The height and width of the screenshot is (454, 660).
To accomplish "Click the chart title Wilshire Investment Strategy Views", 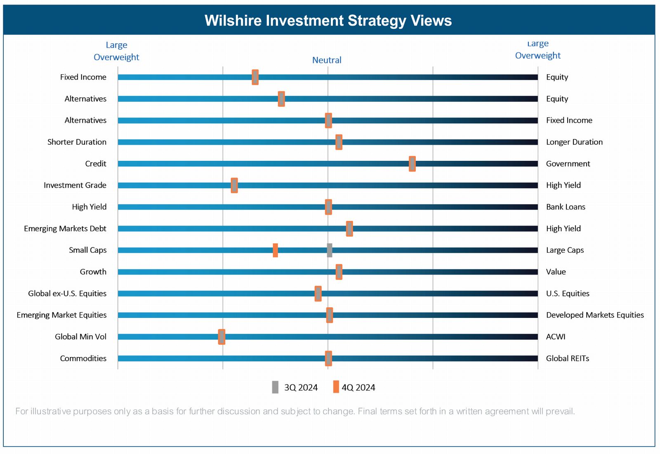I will pos(328,21).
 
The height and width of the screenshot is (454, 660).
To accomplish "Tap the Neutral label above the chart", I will pos(327,60).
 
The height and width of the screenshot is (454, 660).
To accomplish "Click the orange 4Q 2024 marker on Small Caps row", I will pos(275,250).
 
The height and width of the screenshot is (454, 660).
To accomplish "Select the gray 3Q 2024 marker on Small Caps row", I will pos(329,250).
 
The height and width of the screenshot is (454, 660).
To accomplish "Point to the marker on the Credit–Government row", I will pos(412,164).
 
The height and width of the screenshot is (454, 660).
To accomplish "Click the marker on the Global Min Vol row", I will pos(222,337).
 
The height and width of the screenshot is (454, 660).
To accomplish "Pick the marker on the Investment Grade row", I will pos(234,186).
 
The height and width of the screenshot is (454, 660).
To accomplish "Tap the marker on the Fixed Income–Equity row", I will pos(255,77).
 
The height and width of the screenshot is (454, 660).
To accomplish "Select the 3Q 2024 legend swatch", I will pos(275,387).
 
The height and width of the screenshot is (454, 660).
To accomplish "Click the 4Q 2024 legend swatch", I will pos(336,387).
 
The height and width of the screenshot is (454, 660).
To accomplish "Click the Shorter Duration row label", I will pos(77,142).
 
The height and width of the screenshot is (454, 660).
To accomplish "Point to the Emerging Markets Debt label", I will pos(65,228).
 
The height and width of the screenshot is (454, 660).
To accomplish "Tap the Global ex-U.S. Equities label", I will pos(67,294).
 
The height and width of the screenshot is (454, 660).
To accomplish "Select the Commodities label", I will pos(83,358).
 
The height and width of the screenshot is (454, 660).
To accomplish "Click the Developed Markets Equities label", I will pos(595,315).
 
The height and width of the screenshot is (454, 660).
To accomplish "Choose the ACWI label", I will pos(556,337).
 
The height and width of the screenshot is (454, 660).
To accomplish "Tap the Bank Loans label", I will pos(566,207).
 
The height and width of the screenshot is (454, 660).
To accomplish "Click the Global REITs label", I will pos(567,358).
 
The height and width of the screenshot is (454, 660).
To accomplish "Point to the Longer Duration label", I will pos(574,142).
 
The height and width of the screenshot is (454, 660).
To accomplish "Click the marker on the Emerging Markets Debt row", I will pos(349,228).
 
